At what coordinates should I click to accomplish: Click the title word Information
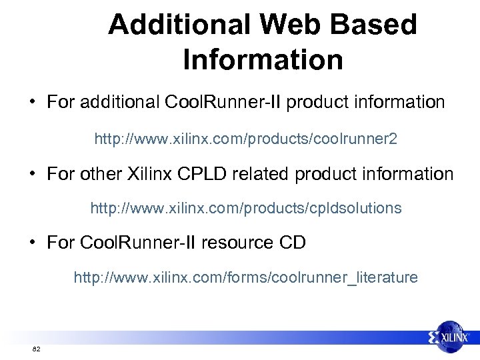point(263,59)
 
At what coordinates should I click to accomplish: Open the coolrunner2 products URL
point(246,139)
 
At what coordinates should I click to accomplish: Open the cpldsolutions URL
point(246,208)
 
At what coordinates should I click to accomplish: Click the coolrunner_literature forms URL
point(246,277)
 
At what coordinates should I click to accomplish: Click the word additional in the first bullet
point(116,102)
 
